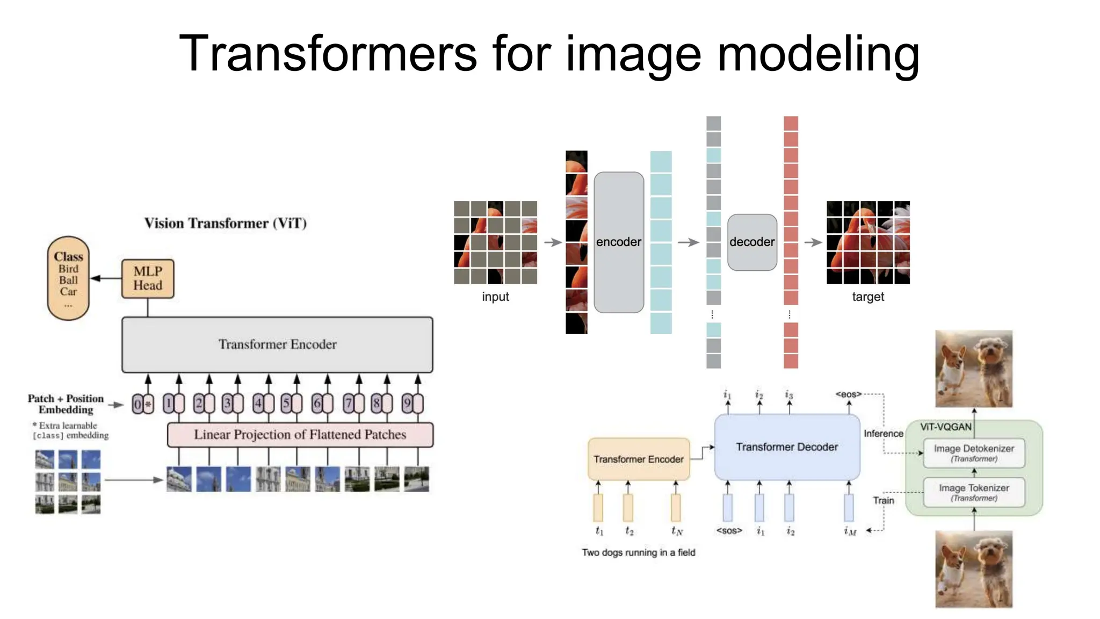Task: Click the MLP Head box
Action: pos(148,278)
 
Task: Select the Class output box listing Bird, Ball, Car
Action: pos(68,278)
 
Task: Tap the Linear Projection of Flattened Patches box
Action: pos(300,435)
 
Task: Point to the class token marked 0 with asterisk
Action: pos(143,404)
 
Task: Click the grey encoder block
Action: pos(618,242)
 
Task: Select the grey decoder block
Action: pos(752,242)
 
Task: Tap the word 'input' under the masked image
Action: pos(495,297)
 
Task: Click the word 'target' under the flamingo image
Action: pos(868,297)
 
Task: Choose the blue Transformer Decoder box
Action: pos(787,447)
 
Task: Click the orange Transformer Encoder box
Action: pos(639,459)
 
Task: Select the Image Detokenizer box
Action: pos(974,452)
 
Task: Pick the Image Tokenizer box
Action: pos(974,492)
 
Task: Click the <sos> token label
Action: pos(729,531)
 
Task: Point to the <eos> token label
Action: pos(848,394)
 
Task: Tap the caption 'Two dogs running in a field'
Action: pos(639,552)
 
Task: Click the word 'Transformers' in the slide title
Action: pos(328,53)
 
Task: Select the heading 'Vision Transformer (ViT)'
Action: pos(226,223)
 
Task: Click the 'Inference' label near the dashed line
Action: pos(884,434)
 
